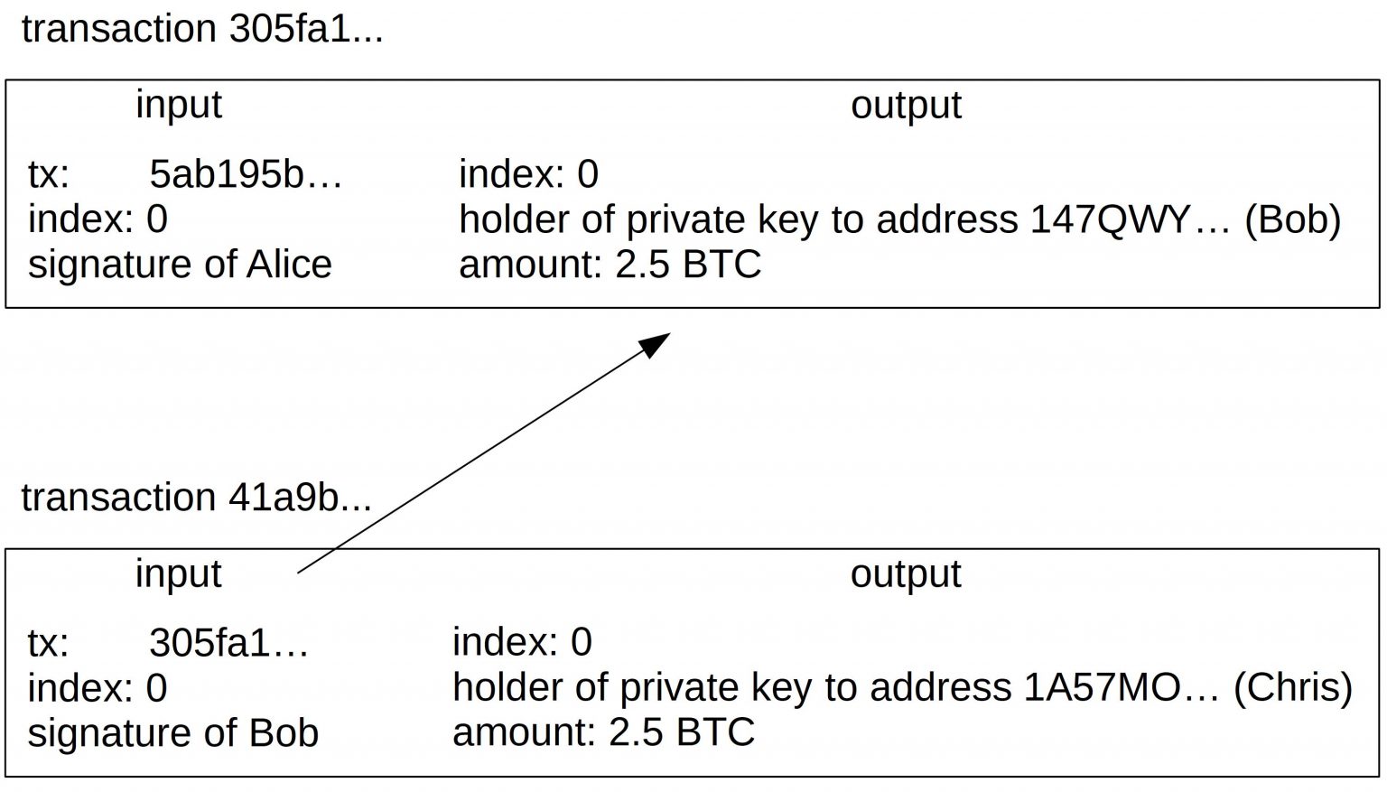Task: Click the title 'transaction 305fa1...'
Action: (202, 29)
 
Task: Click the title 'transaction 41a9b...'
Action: (196, 498)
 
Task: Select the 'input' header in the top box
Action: (178, 105)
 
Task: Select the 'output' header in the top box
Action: (906, 105)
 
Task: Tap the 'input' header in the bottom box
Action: (178, 573)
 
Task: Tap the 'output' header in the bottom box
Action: (906, 573)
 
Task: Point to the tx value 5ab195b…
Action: (246, 173)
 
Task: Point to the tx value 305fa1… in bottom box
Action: (228, 643)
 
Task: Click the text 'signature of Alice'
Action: (180, 265)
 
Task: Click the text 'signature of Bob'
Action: (172, 732)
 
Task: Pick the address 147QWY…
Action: (1130, 219)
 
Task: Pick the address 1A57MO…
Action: (1121, 688)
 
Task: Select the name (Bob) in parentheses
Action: (1292, 219)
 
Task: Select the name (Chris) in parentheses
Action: (1292, 688)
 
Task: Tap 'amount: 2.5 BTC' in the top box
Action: (610, 265)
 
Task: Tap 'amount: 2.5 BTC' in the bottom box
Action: (603, 732)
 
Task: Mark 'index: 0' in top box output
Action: (528, 173)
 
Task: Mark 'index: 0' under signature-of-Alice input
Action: (98, 219)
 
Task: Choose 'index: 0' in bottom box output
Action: (522, 642)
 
